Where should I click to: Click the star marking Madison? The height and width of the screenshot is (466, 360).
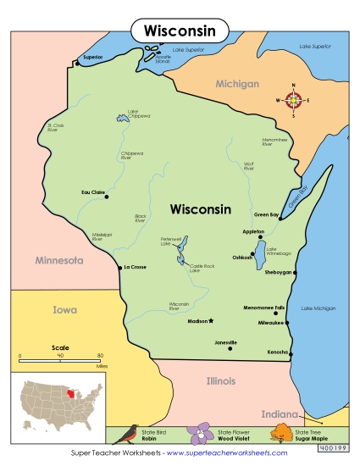(x=212, y=321)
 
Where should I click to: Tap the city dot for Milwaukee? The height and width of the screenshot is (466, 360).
(x=287, y=323)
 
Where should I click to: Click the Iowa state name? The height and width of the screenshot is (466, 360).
(x=65, y=309)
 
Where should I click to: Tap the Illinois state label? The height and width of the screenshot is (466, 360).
(x=221, y=381)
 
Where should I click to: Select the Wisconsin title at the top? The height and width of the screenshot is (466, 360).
(x=179, y=31)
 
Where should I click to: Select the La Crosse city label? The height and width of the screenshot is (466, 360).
(x=136, y=268)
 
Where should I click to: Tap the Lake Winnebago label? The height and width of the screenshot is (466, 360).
(x=279, y=251)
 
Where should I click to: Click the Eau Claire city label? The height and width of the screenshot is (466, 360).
(x=92, y=192)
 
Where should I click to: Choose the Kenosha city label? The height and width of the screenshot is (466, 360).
(x=277, y=351)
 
